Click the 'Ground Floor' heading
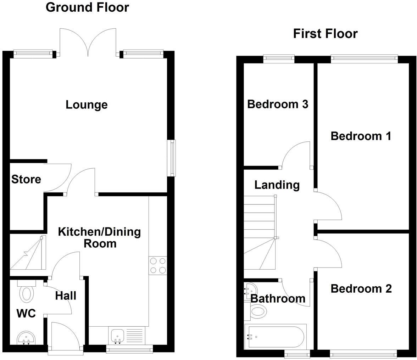[x=87, y=7]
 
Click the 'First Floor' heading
[x=325, y=34]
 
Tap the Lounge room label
[x=87, y=105]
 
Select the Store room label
[x=26, y=179]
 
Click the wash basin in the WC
[x=26, y=338]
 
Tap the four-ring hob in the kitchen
[x=158, y=266]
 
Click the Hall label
[x=66, y=296]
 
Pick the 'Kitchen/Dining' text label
[x=99, y=232]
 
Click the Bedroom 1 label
[x=361, y=136]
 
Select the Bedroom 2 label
[x=361, y=289]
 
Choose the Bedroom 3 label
[x=277, y=104]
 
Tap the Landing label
[x=277, y=185]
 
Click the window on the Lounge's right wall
[x=172, y=158]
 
